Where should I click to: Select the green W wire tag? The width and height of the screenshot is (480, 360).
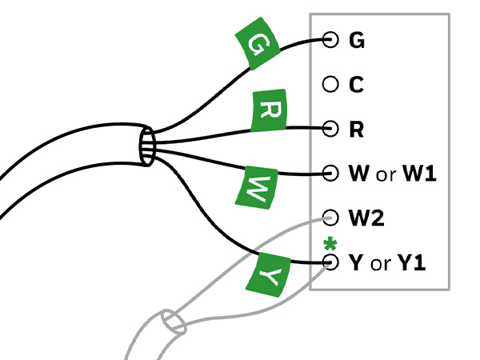coord(258,187)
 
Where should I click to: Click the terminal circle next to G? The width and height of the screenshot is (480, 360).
coord(330,39)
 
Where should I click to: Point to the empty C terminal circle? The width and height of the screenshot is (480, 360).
coord(330,83)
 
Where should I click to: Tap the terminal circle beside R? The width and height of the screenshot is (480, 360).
coord(330,127)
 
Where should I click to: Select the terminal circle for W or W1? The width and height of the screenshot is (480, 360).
coord(330,172)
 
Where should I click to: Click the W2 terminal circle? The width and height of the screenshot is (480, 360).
coord(330,217)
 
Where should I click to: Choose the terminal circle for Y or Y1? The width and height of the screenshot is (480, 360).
coord(330,262)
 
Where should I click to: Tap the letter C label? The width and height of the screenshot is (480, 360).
coord(356,83)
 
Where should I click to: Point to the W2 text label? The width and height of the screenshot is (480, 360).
coord(365,217)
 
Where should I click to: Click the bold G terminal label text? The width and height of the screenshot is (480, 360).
coord(357,39)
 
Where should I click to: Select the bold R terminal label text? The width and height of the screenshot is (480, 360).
coord(356,128)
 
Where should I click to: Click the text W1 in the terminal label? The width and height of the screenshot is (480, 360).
coord(418,172)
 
